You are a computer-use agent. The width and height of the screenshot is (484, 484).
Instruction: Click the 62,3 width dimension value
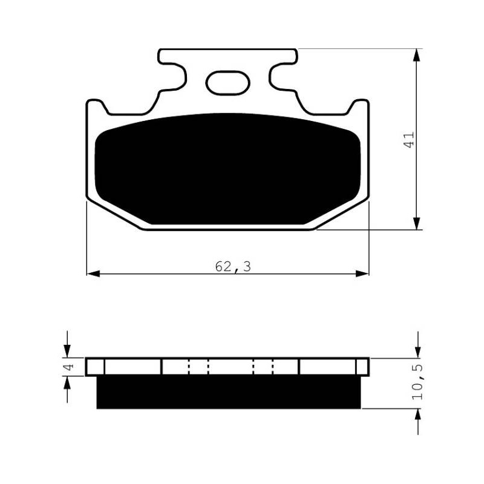pos(233,266)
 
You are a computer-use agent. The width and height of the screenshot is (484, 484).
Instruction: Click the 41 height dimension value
pos(410,140)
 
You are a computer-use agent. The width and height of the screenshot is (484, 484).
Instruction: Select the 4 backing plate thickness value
pos(69,367)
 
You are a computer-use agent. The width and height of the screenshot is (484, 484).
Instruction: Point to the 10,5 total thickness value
pos(417,382)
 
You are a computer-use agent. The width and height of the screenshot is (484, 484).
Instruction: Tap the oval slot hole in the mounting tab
pos(228,83)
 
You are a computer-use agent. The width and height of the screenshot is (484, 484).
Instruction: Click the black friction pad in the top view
pos(228,169)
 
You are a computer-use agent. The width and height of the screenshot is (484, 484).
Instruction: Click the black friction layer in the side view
pos(229,392)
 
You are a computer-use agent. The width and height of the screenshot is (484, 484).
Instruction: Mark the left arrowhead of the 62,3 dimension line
pos(93,273)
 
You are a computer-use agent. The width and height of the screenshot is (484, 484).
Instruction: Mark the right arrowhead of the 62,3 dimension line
pos(362,273)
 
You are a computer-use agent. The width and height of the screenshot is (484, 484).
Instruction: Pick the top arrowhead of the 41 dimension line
pos(417,55)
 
